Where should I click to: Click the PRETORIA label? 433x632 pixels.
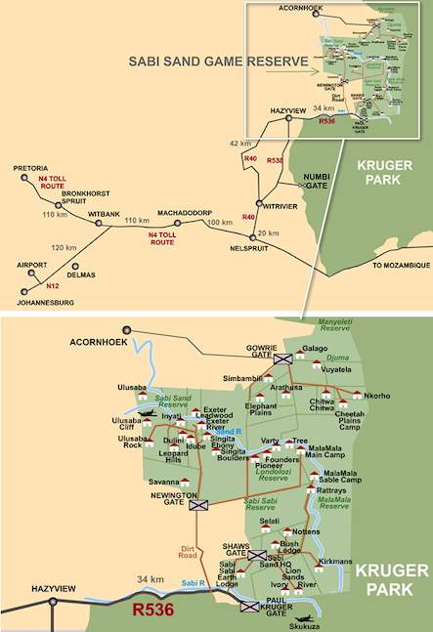30,168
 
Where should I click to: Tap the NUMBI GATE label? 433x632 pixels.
313,179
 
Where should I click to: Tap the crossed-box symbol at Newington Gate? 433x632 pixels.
199,506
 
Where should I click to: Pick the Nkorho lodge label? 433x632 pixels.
376,396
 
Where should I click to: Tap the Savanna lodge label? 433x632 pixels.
164,482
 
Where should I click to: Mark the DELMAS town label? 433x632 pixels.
81,274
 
